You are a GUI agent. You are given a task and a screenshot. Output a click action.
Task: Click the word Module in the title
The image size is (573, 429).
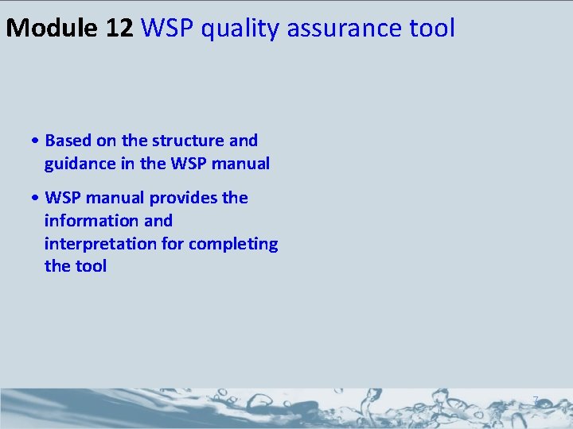(x=52, y=29)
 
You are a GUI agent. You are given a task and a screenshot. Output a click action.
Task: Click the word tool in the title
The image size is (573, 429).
(x=430, y=29)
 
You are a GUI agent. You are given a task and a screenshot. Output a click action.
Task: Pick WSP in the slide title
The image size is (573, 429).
(x=168, y=29)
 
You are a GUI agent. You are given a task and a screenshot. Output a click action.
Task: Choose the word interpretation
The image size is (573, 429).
(x=100, y=243)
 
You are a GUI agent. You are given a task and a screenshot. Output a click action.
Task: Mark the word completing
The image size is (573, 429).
(x=238, y=243)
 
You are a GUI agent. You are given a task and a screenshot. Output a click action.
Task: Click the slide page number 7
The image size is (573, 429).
(x=536, y=399)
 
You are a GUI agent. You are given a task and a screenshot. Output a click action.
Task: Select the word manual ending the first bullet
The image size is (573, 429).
(x=240, y=164)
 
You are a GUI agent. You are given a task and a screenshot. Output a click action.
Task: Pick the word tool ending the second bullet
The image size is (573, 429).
(x=91, y=266)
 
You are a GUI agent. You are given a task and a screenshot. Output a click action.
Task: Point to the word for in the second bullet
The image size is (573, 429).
(x=173, y=243)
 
